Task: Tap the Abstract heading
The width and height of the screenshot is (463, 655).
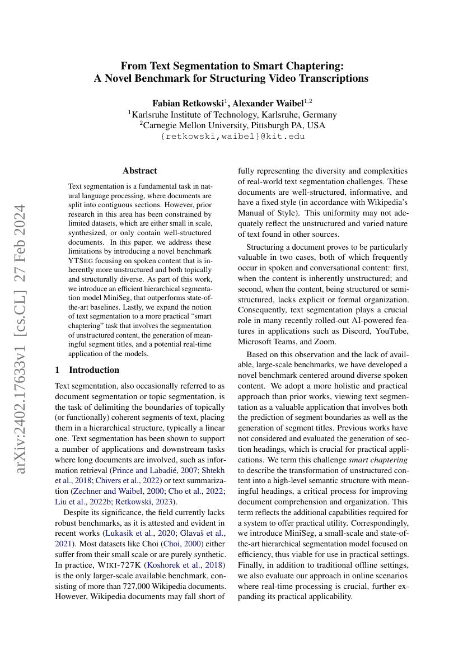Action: click(140, 171)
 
